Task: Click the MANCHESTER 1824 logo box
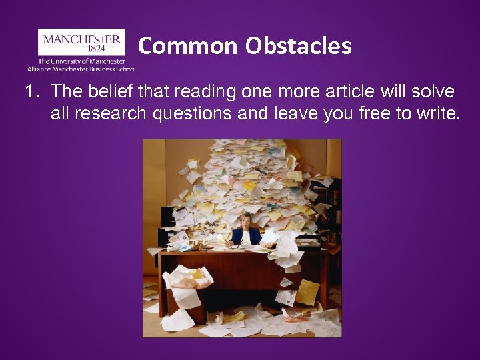pyautogui.click(x=81, y=42)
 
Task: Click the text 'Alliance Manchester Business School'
pyautogui.click(x=81, y=69)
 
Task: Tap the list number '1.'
pyautogui.click(x=33, y=91)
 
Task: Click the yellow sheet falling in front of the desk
pyautogui.click(x=308, y=291)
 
